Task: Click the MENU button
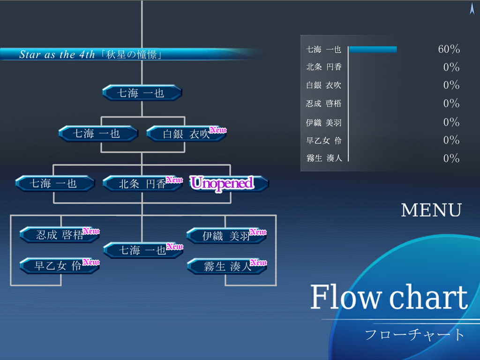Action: (x=431, y=210)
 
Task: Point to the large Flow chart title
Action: (x=389, y=297)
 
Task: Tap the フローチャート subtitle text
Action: (x=414, y=335)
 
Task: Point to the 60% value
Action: (x=449, y=49)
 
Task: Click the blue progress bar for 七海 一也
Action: (x=373, y=49)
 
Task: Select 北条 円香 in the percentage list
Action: (x=324, y=67)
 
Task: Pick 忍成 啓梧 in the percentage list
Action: (x=324, y=103)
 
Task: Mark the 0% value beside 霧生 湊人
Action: (x=451, y=158)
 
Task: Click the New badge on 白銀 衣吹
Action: (x=217, y=130)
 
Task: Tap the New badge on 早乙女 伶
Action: (x=91, y=262)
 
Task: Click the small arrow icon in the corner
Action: (x=472, y=8)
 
